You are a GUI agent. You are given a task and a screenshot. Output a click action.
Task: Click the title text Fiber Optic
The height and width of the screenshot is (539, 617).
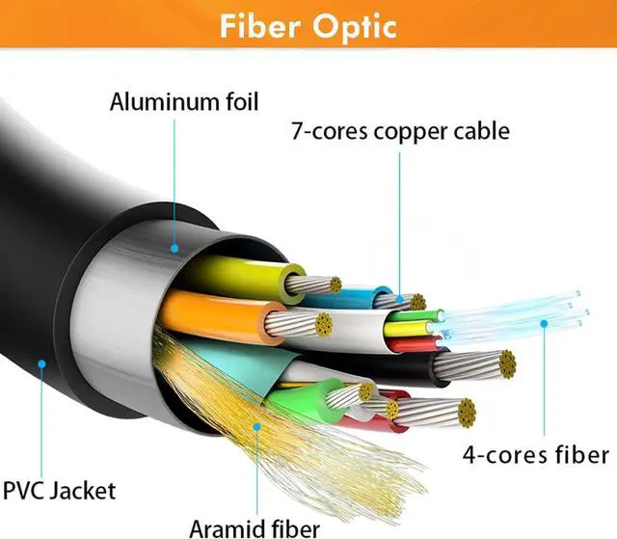[308, 27]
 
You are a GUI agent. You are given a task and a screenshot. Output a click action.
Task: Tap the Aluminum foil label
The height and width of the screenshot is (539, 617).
[184, 102]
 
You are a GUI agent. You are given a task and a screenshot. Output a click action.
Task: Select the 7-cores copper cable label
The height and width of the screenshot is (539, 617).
[401, 131]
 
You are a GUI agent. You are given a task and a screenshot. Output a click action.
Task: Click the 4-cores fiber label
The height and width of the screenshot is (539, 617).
[536, 455]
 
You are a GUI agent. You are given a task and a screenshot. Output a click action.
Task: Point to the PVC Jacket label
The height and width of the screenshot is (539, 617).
[60, 491]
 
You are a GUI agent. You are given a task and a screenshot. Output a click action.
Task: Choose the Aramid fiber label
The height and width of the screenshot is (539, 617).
[255, 528]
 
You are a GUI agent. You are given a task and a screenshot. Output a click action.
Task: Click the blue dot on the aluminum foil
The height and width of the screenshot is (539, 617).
[174, 248]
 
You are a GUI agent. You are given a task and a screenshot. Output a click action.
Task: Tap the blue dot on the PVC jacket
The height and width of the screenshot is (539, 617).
[41, 364]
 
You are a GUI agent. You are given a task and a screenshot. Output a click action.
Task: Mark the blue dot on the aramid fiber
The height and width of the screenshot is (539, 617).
[257, 426]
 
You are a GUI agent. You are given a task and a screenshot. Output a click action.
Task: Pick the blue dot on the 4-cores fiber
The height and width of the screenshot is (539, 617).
[544, 323]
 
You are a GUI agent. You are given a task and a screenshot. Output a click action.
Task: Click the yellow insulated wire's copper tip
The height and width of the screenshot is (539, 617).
[335, 284]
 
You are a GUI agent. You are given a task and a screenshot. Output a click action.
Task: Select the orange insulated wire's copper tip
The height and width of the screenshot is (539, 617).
[324, 325]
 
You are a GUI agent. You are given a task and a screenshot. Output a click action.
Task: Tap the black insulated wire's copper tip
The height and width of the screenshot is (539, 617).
[508, 364]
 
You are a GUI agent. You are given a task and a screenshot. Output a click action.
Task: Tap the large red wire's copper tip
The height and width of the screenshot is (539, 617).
[467, 413]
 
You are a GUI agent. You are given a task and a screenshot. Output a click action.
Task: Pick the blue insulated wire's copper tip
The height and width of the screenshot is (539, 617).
[417, 302]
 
